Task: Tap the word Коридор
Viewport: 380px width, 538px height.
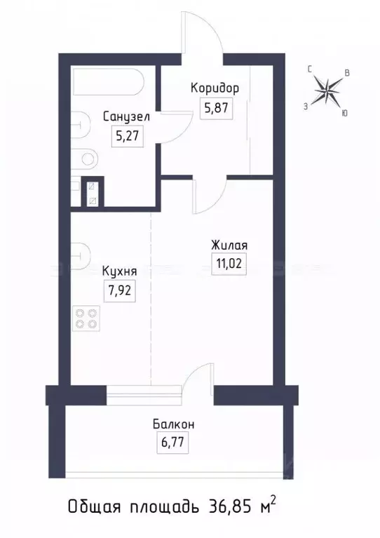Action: (x=215, y=88)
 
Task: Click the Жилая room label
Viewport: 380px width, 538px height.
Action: (x=229, y=246)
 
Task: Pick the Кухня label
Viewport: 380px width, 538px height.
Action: (x=119, y=271)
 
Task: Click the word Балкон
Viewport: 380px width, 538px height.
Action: (x=172, y=424)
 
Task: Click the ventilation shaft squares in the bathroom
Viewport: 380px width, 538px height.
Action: (x=90, y=193)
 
